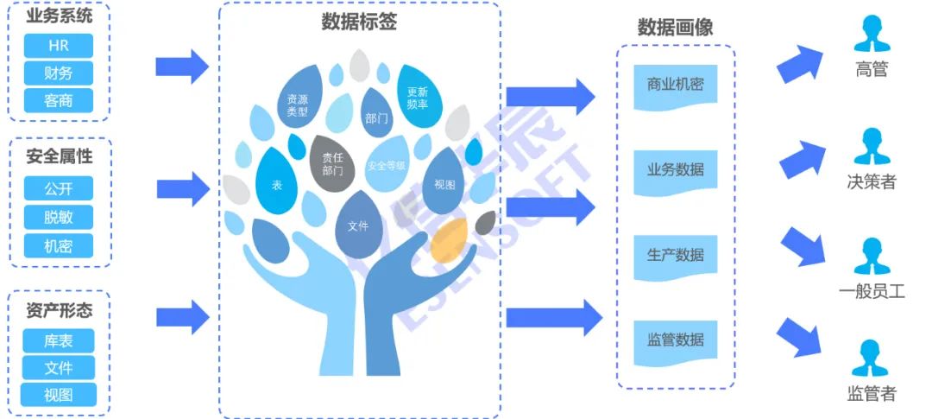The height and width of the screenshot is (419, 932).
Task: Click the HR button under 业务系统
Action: coord(59,46)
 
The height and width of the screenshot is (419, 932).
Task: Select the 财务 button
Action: coord(59,73)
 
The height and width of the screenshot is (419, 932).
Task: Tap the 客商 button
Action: coord(59,101)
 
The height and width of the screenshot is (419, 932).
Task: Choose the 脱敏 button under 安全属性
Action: coord(59,217)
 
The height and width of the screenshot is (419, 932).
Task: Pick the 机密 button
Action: coord(59,245)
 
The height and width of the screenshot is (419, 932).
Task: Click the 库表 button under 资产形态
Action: coord(59,340)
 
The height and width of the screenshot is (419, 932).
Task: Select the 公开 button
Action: coord(59,188)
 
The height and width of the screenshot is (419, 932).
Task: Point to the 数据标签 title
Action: coord(359,23)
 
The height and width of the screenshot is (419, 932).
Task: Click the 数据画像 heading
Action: coord(676,28)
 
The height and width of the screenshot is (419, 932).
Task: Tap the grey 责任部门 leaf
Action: coord(332,163)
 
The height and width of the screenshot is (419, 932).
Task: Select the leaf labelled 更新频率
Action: coord(418,98)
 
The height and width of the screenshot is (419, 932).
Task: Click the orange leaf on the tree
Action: coord(449,240)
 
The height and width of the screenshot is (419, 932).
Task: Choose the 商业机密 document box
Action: coord(676,86)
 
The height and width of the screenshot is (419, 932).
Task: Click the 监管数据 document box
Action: coord(676,340)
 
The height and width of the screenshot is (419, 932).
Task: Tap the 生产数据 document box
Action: coord(676,256)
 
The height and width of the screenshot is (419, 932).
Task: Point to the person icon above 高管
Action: coord(872,35)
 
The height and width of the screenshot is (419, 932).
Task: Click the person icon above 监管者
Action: coord(872,359)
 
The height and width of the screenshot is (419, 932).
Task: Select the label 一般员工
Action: coord(872,292)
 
